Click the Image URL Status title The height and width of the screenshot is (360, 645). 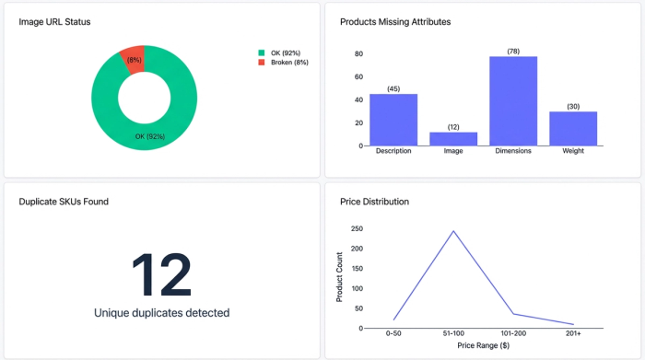coord(55,21)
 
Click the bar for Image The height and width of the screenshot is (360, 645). coord(453,139)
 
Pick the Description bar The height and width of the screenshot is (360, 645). coord(393,120)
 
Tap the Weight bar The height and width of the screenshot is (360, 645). coord(573,128)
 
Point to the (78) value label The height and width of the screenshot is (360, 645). coord(513,51)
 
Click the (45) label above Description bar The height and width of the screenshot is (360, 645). coord(393,89)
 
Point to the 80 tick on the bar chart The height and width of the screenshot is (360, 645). coord(358,53)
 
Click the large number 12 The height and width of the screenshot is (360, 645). coord(160,274)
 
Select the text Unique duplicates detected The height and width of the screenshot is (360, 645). coord(161,313)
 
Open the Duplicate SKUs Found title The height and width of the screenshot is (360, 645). coord(64,201)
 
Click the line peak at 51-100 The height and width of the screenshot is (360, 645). coord(453,231)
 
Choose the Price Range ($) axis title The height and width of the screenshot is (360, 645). coord(483,346)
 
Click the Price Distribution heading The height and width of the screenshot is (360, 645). coord(374,201)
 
